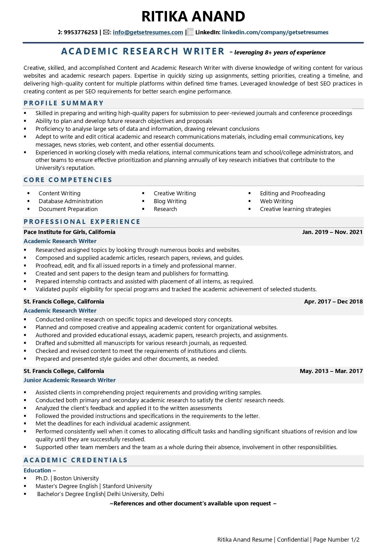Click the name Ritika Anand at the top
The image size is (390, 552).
193,16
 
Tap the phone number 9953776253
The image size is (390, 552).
81,32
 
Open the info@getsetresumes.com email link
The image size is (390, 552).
148,32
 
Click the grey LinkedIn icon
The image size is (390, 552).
190,32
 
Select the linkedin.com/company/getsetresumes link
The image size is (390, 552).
275,32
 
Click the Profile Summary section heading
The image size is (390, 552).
64,103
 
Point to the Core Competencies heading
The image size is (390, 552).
68,180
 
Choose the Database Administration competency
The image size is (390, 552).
70,201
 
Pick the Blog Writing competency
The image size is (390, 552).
170,201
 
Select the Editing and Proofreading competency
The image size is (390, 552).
292,193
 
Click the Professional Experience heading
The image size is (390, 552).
82,222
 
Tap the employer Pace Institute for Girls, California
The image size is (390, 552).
69,232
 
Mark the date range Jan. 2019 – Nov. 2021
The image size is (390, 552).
332,232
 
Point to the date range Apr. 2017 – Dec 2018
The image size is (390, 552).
333,302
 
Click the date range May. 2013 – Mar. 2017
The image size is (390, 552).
331,371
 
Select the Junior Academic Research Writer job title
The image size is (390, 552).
70,380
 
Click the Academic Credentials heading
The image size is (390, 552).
75,460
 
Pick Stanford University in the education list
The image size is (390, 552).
127,486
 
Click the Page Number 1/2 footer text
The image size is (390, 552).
336,540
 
